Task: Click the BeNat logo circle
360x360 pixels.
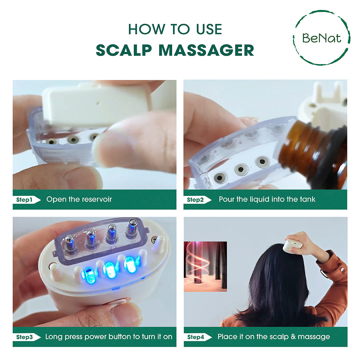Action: (321, 38)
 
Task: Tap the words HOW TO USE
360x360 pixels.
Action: (175, 29)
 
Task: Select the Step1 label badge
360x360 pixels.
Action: (27, 200)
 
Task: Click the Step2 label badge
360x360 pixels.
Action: (197, 200)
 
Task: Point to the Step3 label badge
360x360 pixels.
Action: (27, 337)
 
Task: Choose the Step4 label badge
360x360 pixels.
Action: (198, 337)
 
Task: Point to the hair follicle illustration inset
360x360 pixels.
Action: (205, 267)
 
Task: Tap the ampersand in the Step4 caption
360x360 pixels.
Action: (293, 337)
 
